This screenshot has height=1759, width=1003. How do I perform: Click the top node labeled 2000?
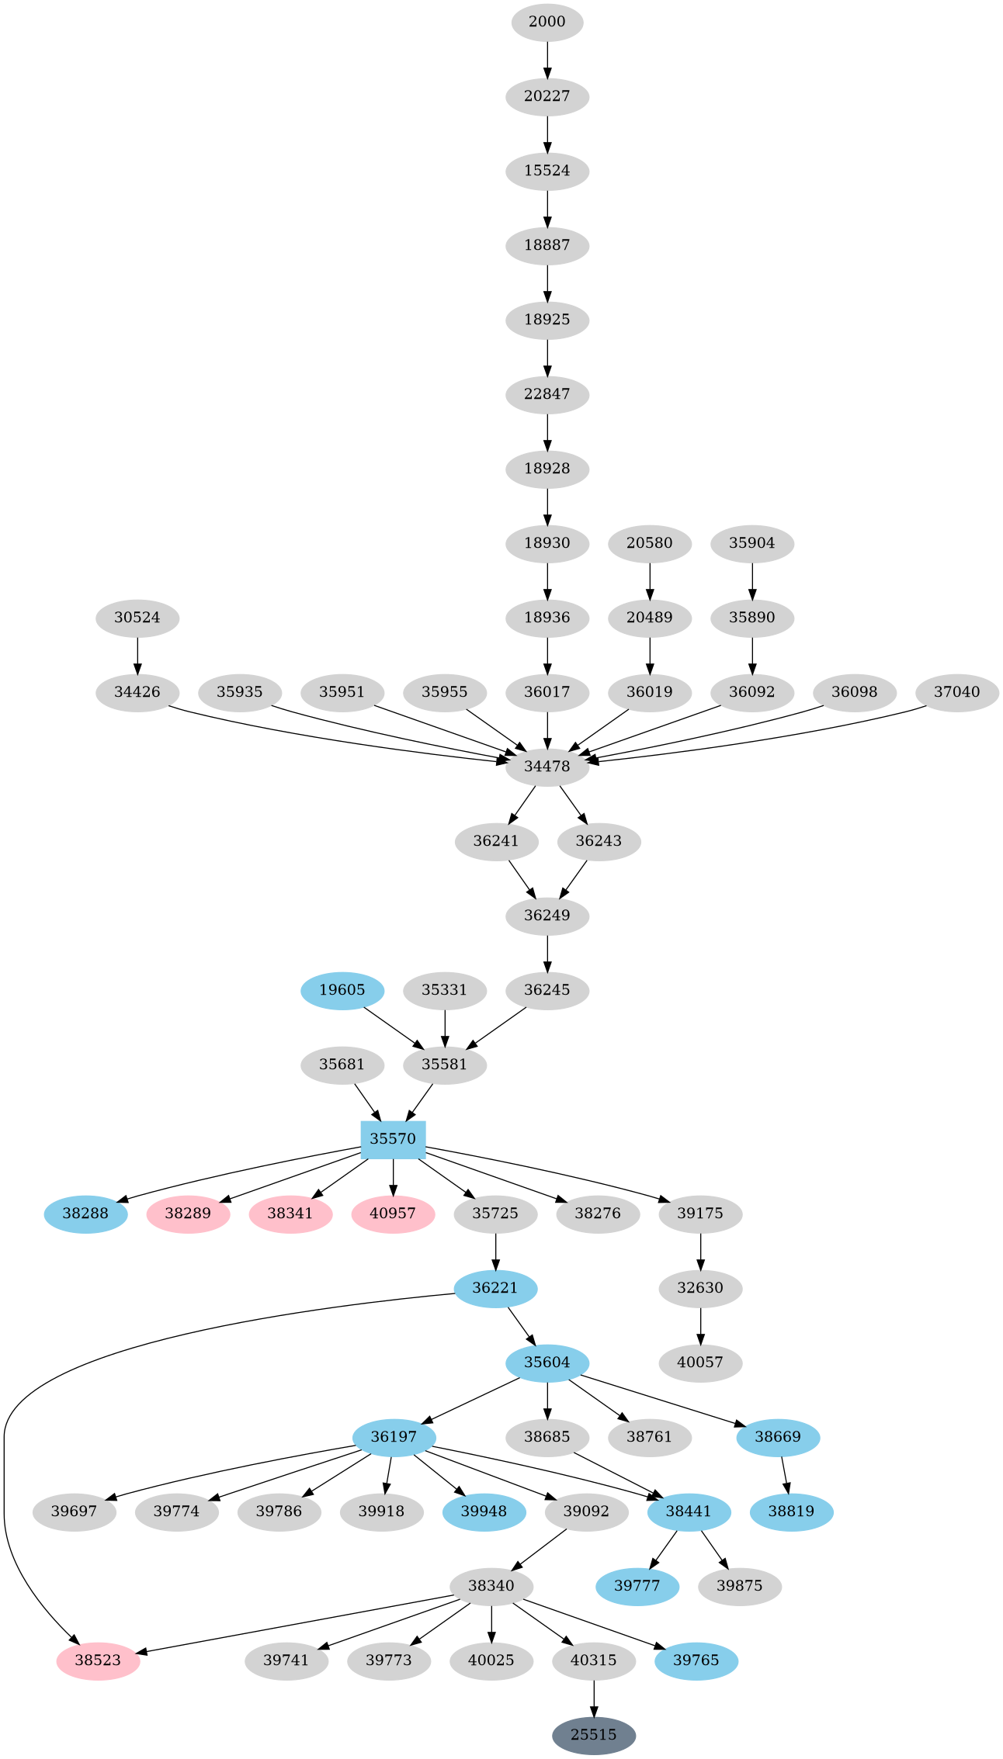(547, 22)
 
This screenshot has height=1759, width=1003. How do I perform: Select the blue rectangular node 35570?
(393, 1139)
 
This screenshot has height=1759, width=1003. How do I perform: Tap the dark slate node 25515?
(594, 1735)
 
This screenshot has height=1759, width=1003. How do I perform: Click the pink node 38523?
(98, 1660)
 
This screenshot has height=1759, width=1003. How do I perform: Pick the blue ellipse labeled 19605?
(342, 990)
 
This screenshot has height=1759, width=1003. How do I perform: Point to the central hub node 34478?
(547, 767)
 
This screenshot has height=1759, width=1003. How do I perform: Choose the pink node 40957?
(393, 1214)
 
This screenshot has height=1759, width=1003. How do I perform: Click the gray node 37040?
(956, 692)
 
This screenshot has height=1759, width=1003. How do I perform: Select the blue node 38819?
(792, 1511)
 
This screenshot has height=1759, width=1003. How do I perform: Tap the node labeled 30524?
(137, 618)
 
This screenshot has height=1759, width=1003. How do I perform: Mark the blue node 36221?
(495, 1288)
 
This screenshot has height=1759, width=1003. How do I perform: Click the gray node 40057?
(700, 1363)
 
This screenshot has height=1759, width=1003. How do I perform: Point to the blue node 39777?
(637, 1586)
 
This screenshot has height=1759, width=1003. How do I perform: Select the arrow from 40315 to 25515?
(594, 1698)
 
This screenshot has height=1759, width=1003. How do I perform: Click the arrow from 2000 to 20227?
(547, 59)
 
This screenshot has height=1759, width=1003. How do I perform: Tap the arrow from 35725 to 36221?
(495, 1251)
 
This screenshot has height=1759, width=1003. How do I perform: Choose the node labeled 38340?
(491, 1586)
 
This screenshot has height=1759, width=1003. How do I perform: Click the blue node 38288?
(85, 1214)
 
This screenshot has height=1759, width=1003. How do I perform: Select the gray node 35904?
(752, 543)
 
